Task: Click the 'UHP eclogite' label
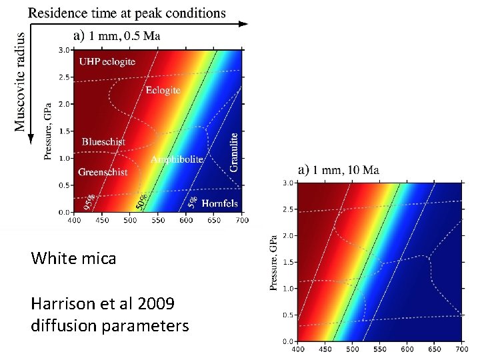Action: [107, 61]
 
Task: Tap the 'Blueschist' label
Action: [103, 141]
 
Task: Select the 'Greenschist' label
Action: [103, 172]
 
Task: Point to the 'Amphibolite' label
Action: [177, 159]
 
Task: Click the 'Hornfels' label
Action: [220, 203]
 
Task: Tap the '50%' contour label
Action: [141, 198]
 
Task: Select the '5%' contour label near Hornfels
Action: [191, 200]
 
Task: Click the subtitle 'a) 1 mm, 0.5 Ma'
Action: [116, 36]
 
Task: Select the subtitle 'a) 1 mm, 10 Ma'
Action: [339, 170]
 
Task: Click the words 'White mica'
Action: [73, 258]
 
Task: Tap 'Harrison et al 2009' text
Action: [103, 304]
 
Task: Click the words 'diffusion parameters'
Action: [109, 326]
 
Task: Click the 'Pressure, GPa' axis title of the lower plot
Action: [273, 261]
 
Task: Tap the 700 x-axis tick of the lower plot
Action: [461, 349]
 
